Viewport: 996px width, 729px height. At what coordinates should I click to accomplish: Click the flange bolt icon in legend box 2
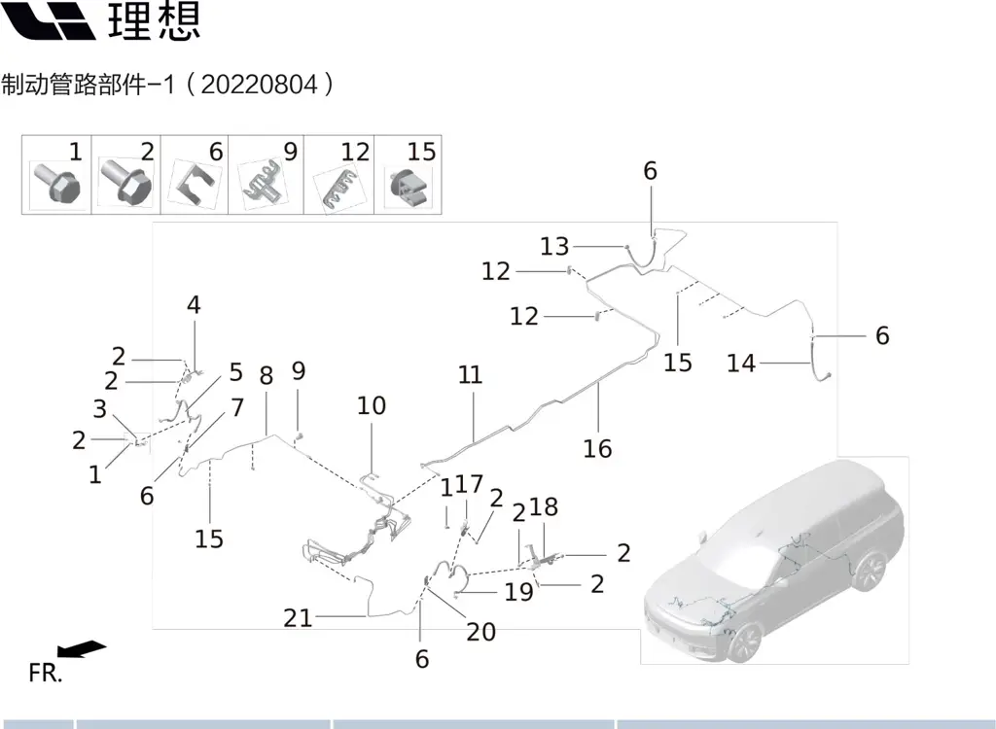123,182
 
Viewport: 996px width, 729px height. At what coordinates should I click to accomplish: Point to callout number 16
598,448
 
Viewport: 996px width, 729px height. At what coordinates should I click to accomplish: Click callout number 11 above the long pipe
471,375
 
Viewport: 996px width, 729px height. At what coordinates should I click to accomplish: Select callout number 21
299,617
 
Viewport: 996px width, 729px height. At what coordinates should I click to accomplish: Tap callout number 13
554,246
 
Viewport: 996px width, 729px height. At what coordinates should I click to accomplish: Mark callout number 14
741,364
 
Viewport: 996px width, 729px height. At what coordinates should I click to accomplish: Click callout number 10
372,404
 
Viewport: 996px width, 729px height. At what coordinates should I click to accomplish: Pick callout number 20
481,632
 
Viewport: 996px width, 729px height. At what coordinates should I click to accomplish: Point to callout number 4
194,305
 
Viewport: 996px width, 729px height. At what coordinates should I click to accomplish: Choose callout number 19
519,590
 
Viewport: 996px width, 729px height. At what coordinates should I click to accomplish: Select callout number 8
266,375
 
